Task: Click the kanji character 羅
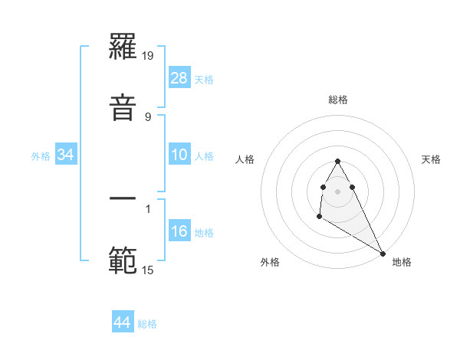(x=123, y=51)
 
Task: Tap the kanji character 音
(x=123, y=105)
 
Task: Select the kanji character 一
(x=123, y=200)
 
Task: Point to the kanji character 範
(x=123, y=261)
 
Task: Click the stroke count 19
(x=149, y=57)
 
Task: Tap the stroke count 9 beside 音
(x=147, y=116)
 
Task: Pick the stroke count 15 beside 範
(x=148, y=270)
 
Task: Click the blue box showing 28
(x=179, y=78)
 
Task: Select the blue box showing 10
(x=179, y=155)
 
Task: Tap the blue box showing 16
(x=179, y=231)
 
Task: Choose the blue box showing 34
(x=66, y=155)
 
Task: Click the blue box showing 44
(x=123, y=322)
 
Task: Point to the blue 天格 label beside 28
(x=204, y=79)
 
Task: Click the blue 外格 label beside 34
(x=41, y=155)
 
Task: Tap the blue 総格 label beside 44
(x=147, y=323)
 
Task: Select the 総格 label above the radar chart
(x=338, y=100)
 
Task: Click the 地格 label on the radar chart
(x=402, y=262)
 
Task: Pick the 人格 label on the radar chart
(x=246, y=159)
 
